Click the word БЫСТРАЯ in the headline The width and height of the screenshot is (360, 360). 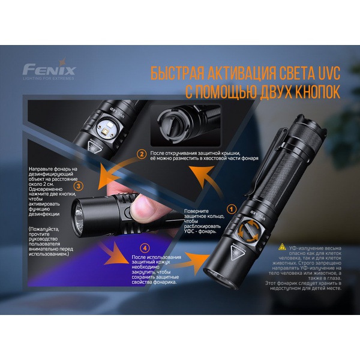coord(175,74)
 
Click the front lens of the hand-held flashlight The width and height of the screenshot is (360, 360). coord(80,212)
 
